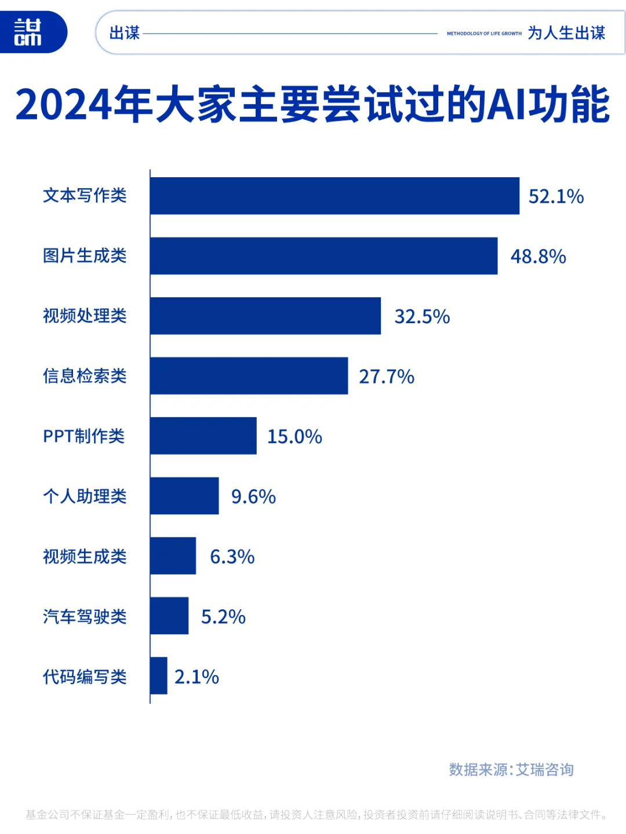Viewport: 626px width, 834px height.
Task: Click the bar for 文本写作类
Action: pos(334,196)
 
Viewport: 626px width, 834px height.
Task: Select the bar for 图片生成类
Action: pos(323,256)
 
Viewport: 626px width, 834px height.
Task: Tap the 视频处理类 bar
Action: pos(265,316)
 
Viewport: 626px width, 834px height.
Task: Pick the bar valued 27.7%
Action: pos(249,376)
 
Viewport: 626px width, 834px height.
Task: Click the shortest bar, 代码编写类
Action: pos(159,676)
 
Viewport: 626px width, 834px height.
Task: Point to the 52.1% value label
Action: pos(556,196)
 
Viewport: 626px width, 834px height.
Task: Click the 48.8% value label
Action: pos(538,257)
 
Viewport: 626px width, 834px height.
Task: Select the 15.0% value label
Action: pos(294,437)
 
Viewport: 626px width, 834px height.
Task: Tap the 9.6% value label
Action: pos(253,497)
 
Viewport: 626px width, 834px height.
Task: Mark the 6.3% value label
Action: pos(232,557)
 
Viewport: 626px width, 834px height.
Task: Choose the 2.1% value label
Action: pos(196,677)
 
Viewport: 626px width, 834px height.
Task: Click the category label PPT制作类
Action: pos(84,436)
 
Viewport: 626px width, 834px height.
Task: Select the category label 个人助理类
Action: pos(85,496)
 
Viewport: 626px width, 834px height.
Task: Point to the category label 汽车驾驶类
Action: pos(85,617)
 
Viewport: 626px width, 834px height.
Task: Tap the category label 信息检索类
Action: pos(85,376)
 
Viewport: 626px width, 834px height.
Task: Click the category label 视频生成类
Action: pos(85,557)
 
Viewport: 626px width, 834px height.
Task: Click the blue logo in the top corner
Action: pos(29,32)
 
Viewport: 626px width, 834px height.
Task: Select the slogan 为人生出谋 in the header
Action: pos(566,33)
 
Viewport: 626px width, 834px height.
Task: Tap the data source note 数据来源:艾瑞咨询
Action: pos(511,770)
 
